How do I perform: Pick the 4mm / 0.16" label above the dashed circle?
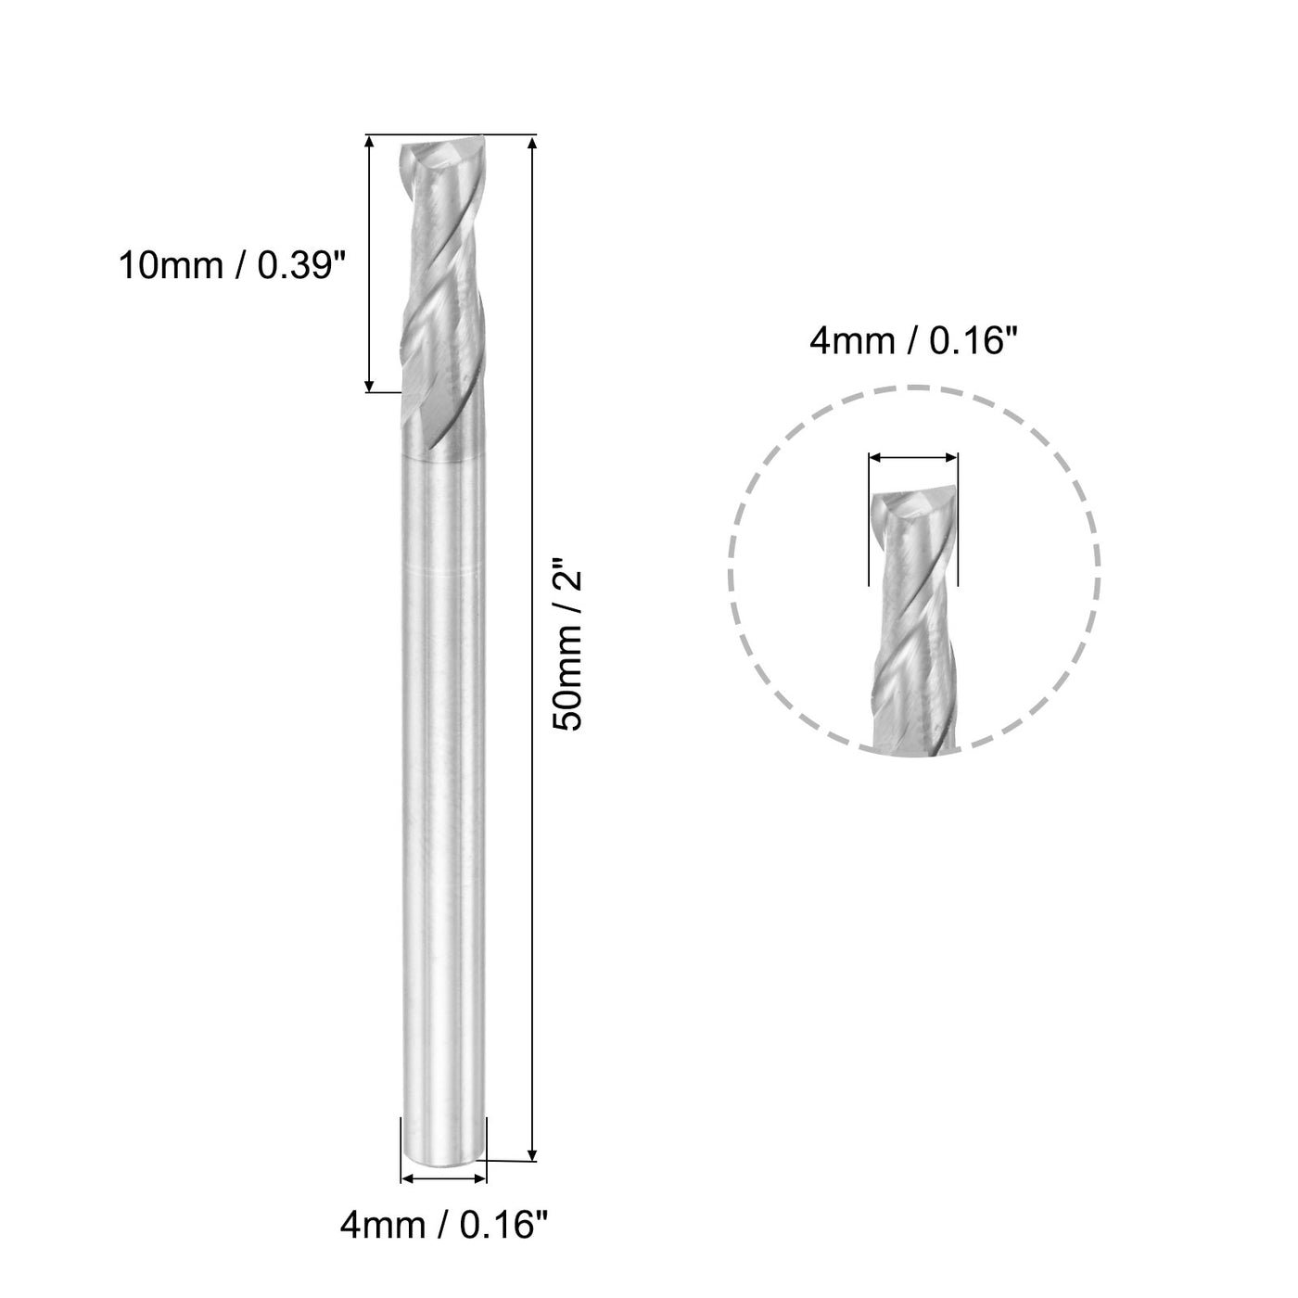coord(914,342)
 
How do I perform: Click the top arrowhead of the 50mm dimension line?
coord(531,144)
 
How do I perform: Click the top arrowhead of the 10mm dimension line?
coord(369,144)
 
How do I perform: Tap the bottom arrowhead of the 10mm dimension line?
coord(369,385)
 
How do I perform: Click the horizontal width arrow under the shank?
coord(442,1179)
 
